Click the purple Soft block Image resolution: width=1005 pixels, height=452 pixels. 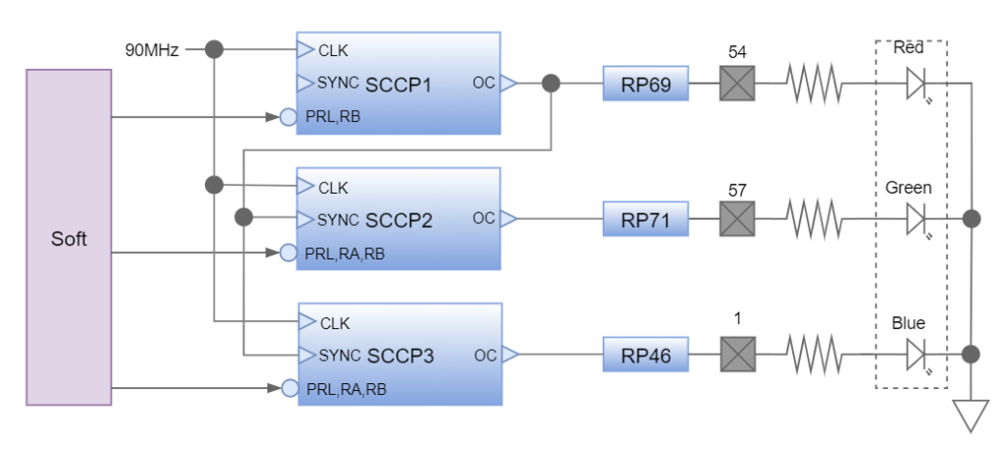pyautogui.click(x=69, y=238)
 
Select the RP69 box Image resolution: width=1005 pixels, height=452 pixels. pyautogui.click(x=646, y=85)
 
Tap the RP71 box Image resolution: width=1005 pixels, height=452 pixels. pyautogui.click(x=646, y=220)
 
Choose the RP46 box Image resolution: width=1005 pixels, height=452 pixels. pyautogui.click(x=646, y=355)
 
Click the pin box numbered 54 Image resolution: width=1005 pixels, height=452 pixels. pyautogui.click(x=736, y=85)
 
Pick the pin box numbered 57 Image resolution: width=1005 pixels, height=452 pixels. pyautogui.click(x=736, y=220)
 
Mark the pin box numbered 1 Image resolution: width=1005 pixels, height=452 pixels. pyautogui.click(x=736, y=355)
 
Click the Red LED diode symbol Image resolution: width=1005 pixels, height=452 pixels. pyautogui.click(x=917, y=85)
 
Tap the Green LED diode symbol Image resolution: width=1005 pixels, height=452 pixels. pyautogui.click(x=917, y=220)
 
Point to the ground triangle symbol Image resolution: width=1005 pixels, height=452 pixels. pyautogui.click(x=971, y=415)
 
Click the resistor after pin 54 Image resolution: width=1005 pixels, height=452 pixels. pyautogui.click(x=813, y=85)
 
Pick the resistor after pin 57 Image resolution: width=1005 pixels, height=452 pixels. pyautogui.click(x=813, y=220)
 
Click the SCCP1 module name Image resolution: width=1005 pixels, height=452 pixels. pyautogui.click(x=398, y=85)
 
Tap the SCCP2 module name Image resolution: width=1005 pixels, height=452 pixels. pyautogui.click(x=398, y=220)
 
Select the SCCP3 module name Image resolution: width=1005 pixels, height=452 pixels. pyautogui.click(x=398, y=356)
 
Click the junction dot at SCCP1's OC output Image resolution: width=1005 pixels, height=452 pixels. pyautogui.click(x=552, y=85)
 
